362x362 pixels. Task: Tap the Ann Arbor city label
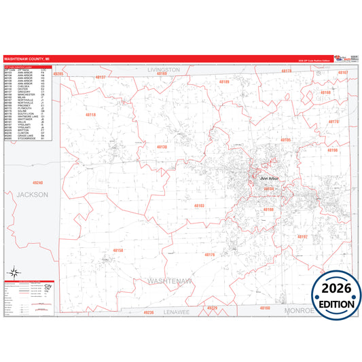(x=270, y=179)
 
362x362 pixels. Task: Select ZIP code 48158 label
(x=118, y=251)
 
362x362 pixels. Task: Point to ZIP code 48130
(x=161, y=147)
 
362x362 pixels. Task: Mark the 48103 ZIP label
(x=198, y=204)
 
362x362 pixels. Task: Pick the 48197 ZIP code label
(x=302, y=236)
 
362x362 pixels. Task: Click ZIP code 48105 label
(x=285, y=139)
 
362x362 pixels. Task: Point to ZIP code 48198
(x=331, y=150)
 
